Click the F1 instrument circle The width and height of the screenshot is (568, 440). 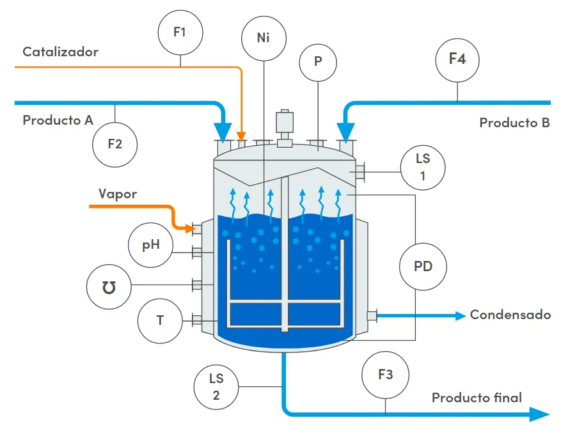180,31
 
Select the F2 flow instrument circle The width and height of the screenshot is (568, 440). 114,144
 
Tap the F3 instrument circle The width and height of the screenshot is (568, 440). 385,375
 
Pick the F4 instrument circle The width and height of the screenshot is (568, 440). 457,59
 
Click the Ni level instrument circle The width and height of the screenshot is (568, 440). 264,38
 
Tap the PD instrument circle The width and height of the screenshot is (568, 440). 423,266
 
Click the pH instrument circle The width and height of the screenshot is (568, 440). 151,244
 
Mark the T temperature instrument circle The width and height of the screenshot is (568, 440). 160,320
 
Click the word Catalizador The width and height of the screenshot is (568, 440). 61,52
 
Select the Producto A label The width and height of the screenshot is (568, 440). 58,120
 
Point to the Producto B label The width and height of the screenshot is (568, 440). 514,123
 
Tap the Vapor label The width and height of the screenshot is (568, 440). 118,194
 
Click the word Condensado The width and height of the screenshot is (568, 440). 510,315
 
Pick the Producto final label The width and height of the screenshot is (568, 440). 477,398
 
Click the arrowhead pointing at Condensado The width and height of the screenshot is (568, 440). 459,315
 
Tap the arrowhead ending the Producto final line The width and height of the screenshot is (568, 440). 540,415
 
